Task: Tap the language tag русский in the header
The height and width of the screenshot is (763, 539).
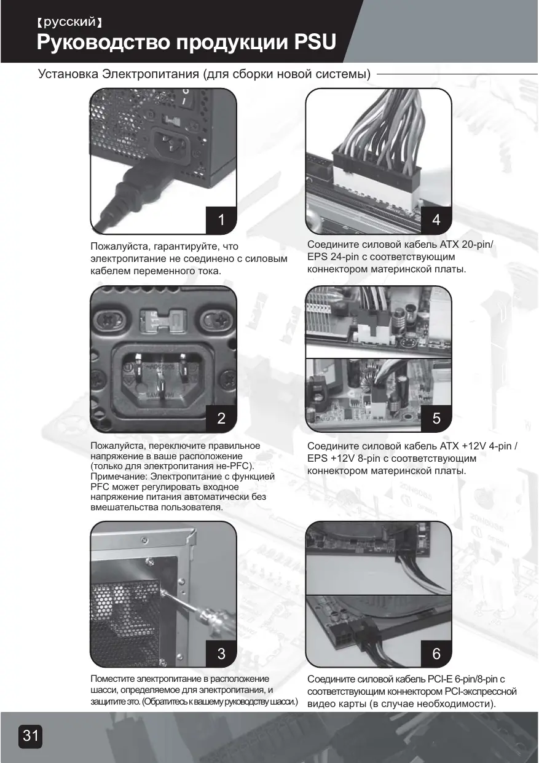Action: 69,23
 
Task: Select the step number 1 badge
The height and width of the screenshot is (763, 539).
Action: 221,219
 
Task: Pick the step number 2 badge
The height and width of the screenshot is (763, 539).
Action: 221,419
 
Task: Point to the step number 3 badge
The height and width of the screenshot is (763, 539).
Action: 221,654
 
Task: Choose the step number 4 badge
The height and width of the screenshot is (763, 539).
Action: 436,219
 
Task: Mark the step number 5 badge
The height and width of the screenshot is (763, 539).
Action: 436,419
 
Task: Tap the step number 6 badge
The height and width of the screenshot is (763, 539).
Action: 436,654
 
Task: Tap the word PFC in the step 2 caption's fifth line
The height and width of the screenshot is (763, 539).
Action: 101,486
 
